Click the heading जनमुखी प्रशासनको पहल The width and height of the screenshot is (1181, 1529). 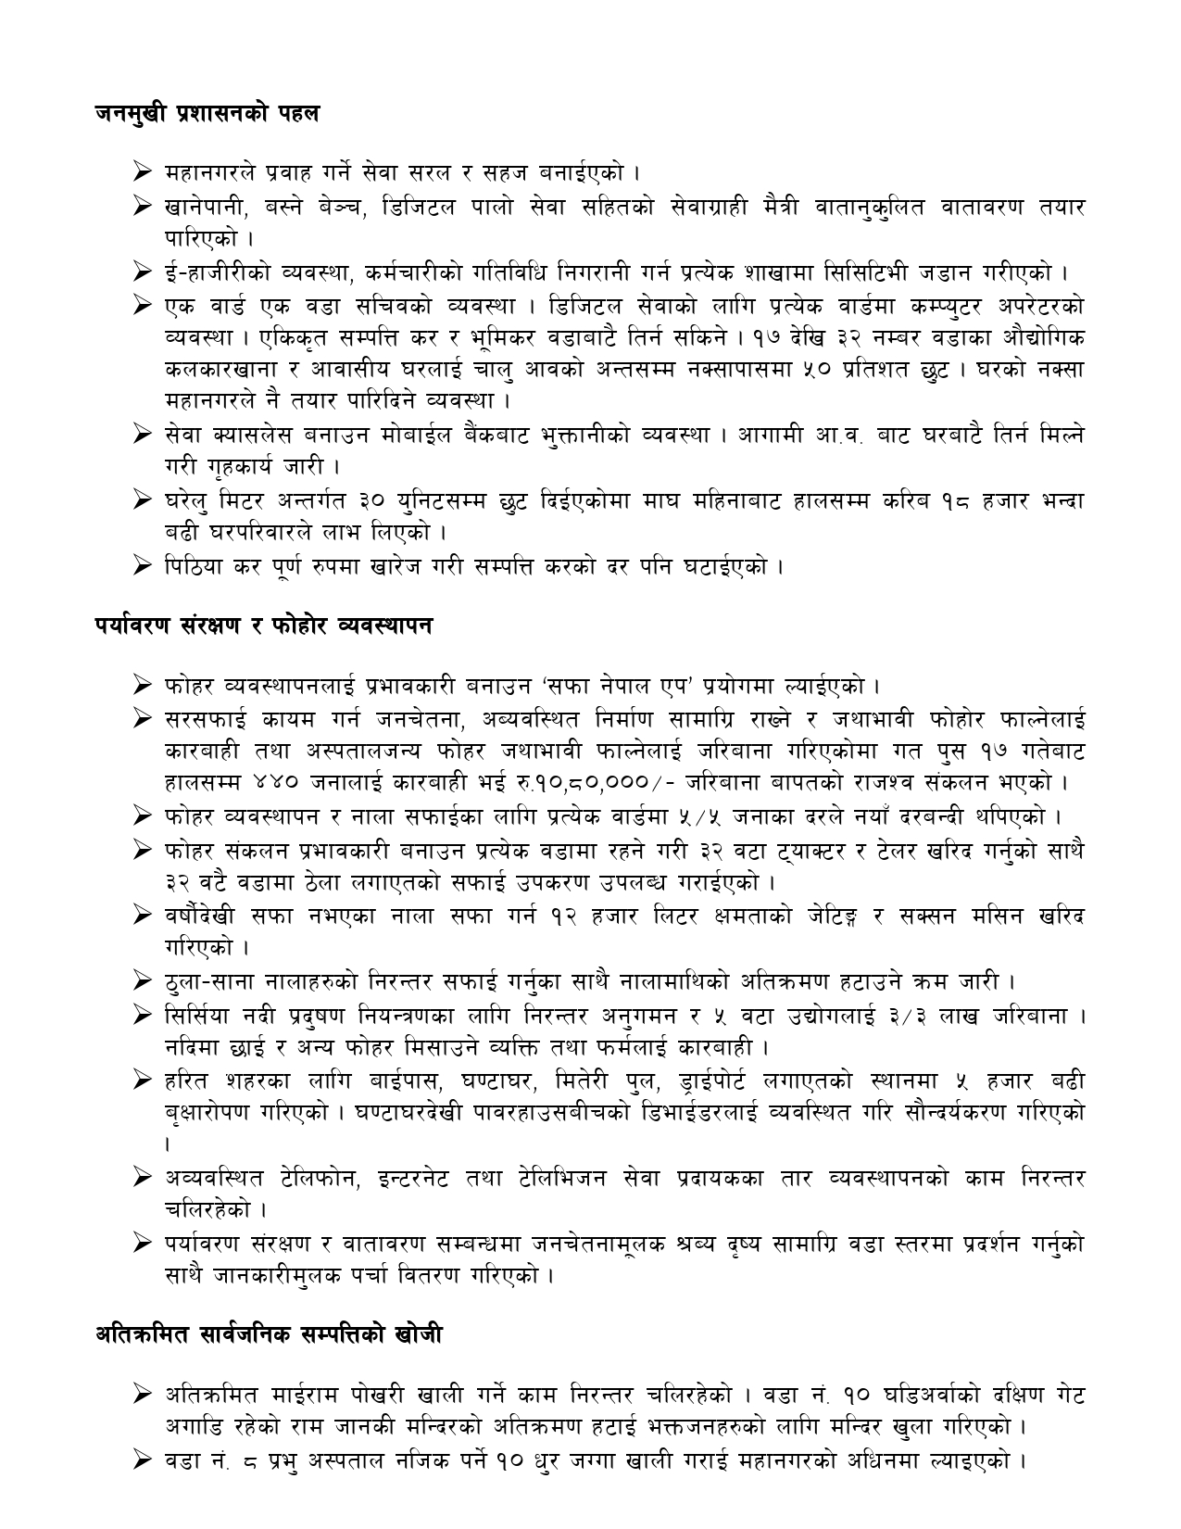(x=207, y=114)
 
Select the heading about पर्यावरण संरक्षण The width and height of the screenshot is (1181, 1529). (x=263, y=625)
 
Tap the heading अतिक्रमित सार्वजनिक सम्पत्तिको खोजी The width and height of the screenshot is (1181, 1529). (x=269, y=1334)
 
